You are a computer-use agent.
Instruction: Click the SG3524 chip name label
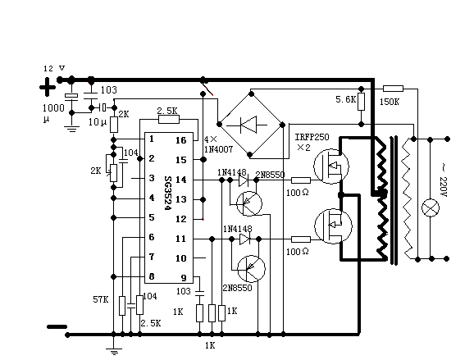168,194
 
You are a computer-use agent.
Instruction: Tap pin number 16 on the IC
181,140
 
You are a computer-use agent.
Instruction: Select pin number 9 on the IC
184,278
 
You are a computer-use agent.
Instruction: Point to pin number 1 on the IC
152,139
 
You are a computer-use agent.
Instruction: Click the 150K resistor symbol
393,89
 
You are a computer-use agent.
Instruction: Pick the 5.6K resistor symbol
361,102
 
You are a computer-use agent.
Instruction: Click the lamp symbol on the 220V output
431,208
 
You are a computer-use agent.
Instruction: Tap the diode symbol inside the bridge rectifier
248,125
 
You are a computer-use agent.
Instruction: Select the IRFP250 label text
312,137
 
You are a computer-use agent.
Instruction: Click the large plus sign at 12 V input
48,88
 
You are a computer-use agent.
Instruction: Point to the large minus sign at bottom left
57,326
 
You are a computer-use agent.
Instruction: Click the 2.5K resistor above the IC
169,120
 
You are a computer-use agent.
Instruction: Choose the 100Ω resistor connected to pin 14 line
301,180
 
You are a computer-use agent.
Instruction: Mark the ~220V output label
443,180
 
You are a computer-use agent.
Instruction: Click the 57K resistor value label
100,299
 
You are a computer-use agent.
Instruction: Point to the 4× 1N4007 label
218,144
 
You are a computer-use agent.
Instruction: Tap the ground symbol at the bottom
114,352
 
